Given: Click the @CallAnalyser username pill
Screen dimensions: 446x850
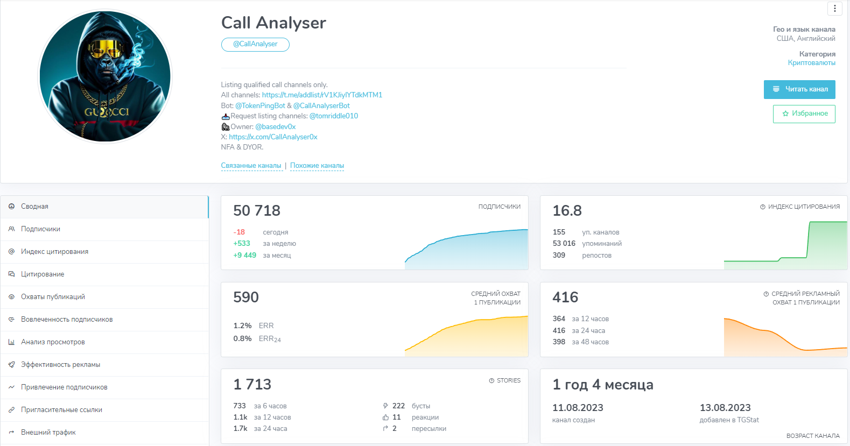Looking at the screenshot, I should point(255,44).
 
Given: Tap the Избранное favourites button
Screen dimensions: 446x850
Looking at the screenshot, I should point(804,114).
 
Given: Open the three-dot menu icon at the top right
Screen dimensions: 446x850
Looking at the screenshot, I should point(834,9).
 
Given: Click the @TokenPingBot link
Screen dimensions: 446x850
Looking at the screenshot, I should point(260,105).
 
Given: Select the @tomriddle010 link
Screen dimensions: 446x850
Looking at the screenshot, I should point(334,116).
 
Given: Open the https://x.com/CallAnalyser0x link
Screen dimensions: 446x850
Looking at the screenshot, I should point(273,137).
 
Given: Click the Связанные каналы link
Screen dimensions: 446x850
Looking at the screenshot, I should point(251,166).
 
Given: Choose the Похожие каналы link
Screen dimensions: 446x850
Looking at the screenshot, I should point(317,166).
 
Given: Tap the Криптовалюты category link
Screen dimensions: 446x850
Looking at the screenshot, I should point(811,63).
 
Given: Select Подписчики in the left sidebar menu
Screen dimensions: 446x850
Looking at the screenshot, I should point(40,229).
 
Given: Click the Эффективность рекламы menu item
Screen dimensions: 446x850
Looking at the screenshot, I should point(60,365).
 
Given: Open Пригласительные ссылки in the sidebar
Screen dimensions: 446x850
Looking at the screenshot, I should point(61,410).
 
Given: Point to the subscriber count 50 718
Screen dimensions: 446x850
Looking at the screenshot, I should point(257,210).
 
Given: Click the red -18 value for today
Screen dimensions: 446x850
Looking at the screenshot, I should point(239,232).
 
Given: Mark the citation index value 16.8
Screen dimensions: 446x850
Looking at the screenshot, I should point(567,210).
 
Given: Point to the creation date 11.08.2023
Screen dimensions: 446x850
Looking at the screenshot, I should point(578,408).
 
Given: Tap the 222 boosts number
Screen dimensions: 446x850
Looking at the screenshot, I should point(398,406).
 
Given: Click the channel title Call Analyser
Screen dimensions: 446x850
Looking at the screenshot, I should point(273,23).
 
